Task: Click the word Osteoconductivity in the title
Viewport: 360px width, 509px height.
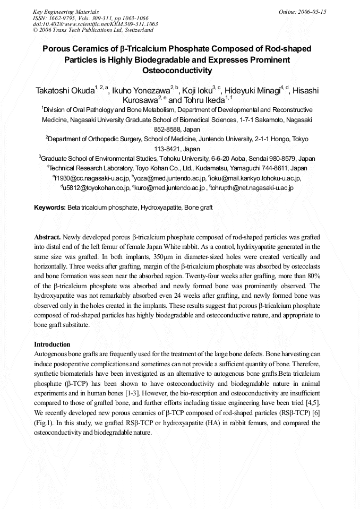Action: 177,70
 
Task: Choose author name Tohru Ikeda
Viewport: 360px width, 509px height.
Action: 204,100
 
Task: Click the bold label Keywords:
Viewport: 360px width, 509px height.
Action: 50,208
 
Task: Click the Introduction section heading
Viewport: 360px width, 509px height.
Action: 52,344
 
